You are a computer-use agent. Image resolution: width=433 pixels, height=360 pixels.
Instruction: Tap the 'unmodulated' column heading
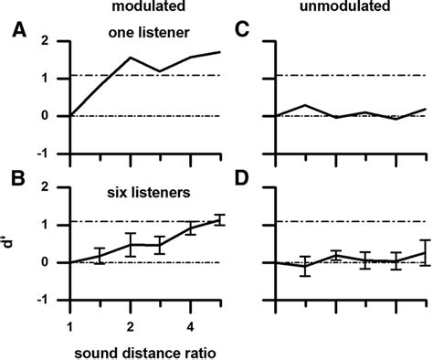coord(343,7)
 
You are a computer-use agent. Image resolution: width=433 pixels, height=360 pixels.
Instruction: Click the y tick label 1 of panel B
coord(57,225)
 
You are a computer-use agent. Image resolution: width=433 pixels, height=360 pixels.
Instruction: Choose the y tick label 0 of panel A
coord(57,116)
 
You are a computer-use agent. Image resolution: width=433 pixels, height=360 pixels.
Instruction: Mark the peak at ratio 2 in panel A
coord(131,58)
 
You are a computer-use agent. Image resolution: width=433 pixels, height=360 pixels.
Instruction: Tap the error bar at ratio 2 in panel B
coord(131,245)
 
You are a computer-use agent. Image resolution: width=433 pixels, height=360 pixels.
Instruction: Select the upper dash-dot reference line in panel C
coord(347,75)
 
